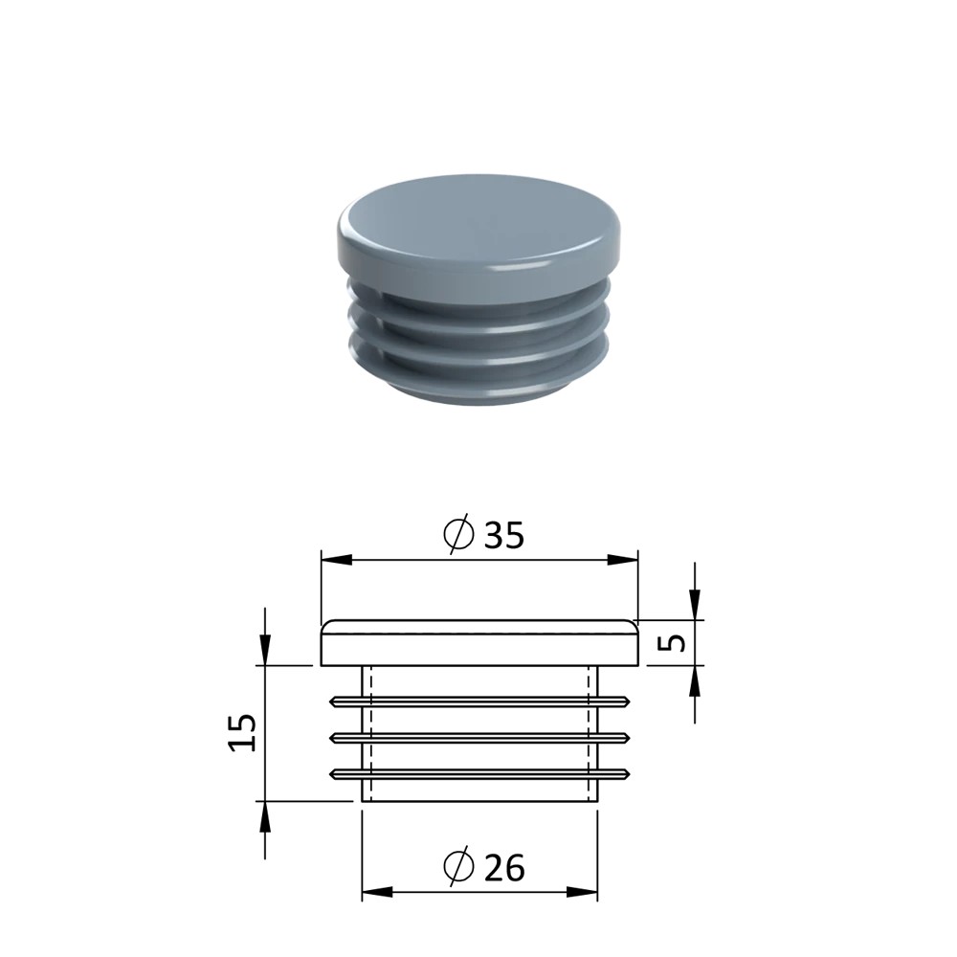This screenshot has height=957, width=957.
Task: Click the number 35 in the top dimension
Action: point(503,535)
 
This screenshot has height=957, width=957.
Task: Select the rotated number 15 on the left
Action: point(243,732)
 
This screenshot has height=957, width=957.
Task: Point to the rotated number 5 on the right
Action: point(674,643)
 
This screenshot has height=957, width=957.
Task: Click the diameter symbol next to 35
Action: point(458,533)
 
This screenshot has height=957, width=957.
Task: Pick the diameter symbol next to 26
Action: point(458,866)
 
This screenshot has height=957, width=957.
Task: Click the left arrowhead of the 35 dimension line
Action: point(337,560)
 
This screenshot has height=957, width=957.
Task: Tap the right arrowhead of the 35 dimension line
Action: point(622,560)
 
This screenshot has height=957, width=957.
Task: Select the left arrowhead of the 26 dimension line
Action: point(378,892)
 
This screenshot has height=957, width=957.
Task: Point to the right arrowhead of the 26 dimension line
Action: point(582,892)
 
